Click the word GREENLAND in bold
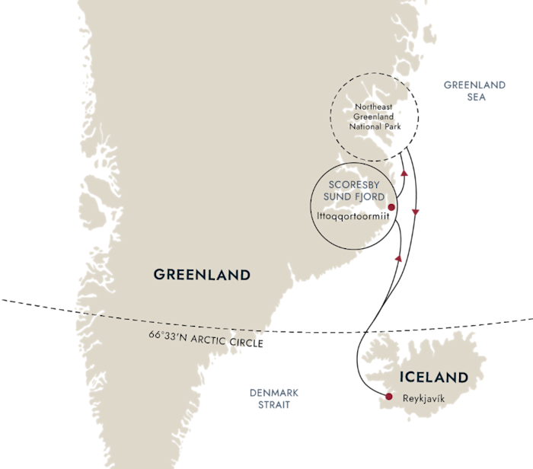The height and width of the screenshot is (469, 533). tap(202, 274)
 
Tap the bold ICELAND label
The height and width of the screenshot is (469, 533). tap(433, 377)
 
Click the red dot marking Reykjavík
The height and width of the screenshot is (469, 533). tap(388, 397)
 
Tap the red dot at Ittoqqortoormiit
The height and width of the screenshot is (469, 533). tap(390, 207)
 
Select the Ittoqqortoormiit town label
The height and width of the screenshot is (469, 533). tap(346, 215)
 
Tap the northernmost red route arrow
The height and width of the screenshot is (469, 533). tap(404, 173)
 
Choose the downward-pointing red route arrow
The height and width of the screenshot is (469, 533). tap(415, 212)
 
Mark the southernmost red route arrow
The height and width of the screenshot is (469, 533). tap(397, 259)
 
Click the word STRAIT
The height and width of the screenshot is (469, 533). tap(274, 405)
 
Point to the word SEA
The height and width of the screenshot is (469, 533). tap(477, 97)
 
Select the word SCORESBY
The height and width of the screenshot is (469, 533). tap(352, 185)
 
